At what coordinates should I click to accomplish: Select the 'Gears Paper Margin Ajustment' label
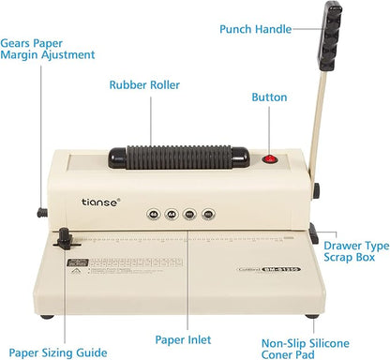[x=47, y=49]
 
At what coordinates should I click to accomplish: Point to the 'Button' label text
[x=273, y=97]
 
